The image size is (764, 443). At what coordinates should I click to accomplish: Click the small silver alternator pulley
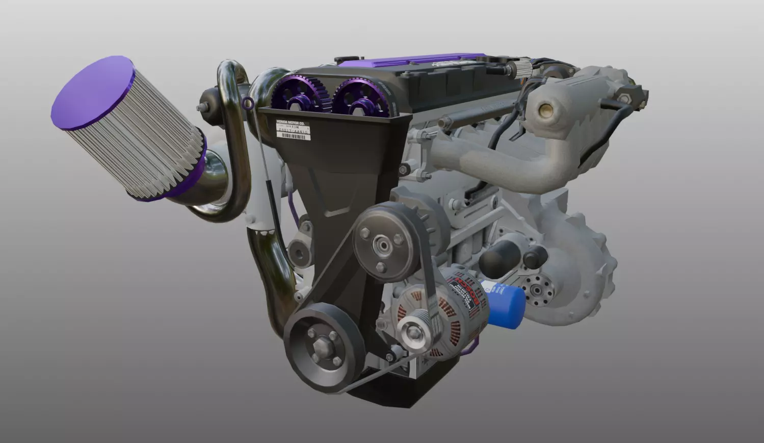coord(414,334)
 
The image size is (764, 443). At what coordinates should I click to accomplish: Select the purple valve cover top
coord(408,60)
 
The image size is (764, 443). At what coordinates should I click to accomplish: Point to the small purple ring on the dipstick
coord(248,104)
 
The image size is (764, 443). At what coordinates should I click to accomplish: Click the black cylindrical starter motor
coord(496,258)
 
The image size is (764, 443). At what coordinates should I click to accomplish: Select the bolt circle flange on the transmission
coord(537,290)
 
